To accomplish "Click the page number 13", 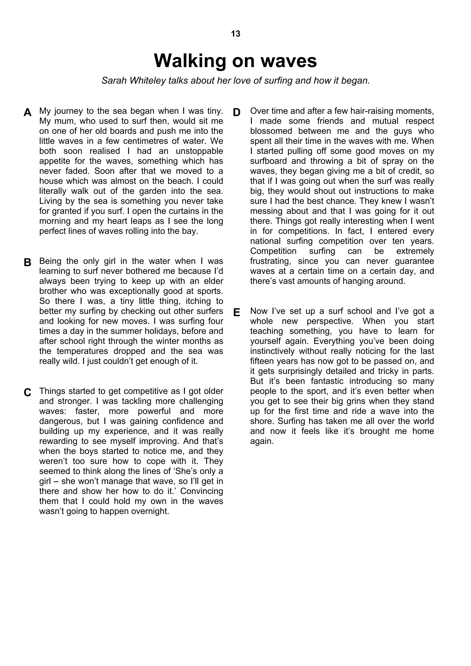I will point(235,34).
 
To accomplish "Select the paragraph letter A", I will point(27,112).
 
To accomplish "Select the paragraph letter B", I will point(27,262).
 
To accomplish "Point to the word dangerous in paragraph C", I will point(59,421).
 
